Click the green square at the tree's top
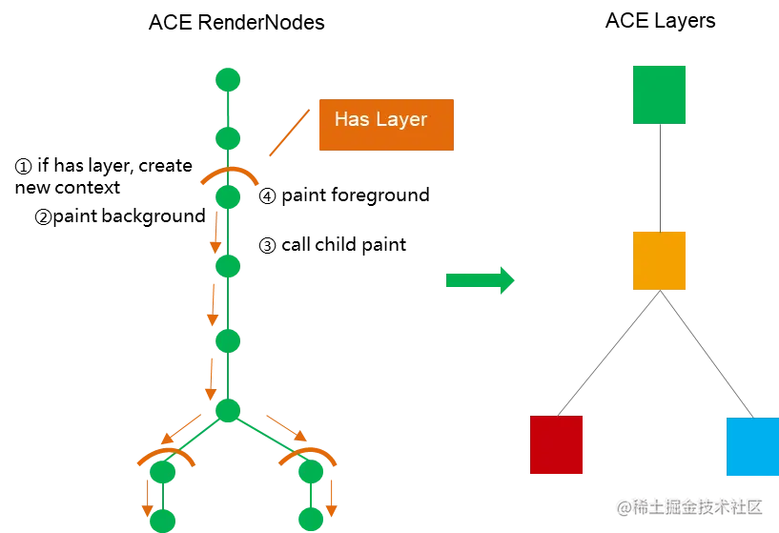(x=660, y=95)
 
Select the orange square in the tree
(x=660, y=259)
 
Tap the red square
(x=557, y=446)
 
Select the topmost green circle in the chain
(x=228, y=78)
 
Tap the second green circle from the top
(x=228, y=139)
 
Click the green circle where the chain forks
(x=228, y=411)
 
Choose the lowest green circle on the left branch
(x=162, y=520)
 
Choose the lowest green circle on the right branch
(x=312, y=520)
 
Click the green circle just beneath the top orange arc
(x=228, y=197)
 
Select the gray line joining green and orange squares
(x=660, y=178)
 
